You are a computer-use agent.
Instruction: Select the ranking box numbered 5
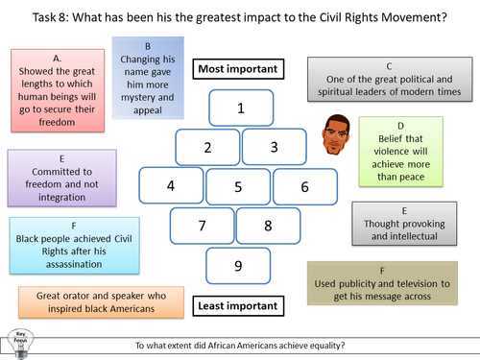click(238, 186)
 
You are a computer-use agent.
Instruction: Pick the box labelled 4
click(171, 185)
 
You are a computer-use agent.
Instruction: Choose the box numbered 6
click(304, 186)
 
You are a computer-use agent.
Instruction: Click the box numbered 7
click(203, 227)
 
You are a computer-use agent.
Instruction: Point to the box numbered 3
click(274, 147)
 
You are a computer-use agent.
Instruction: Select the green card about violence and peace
click(401, 150)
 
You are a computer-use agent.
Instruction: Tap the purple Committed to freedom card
click(56, 179)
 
